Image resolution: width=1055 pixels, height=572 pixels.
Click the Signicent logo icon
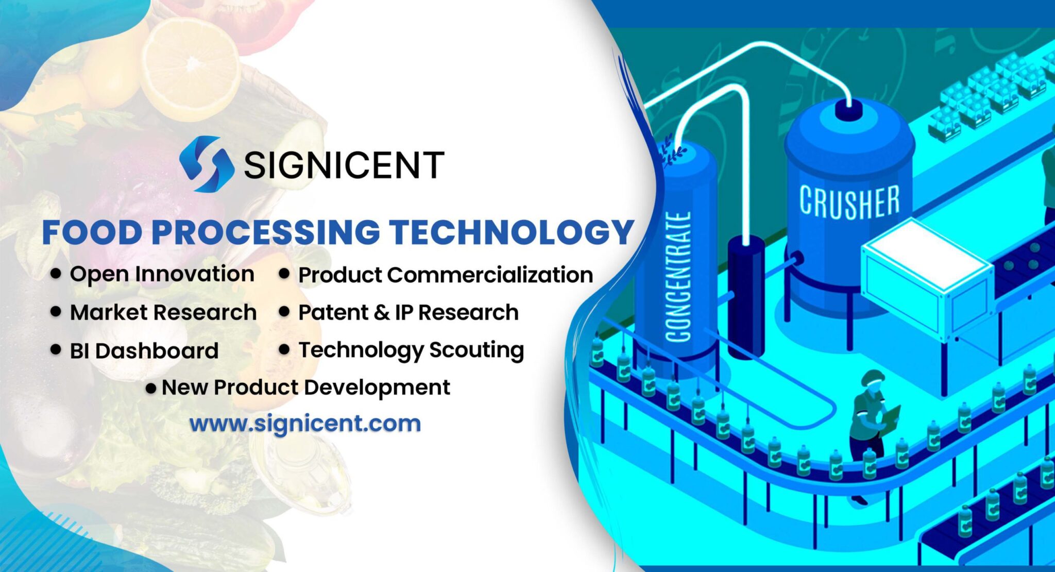point(207,164)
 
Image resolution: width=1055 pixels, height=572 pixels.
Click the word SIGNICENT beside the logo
point(344,165)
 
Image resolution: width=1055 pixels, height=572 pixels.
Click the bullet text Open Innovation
point(162,274)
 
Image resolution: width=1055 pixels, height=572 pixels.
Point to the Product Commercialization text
point(446,275)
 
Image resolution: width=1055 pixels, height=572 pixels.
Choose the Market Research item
point(163,312)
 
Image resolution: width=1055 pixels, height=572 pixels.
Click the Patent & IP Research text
point(408,312)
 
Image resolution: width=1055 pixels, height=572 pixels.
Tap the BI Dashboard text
point(144,351)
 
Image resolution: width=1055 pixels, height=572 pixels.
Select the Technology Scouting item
point(411,350)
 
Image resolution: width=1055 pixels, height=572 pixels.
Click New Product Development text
point(305,388)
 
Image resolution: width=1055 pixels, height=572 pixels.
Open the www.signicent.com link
point(305,424)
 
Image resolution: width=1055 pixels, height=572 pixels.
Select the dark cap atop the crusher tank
point(847,110)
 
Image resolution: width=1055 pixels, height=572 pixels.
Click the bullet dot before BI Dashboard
point(56,349)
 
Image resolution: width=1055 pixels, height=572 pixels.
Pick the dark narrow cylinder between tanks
point(745,294)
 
